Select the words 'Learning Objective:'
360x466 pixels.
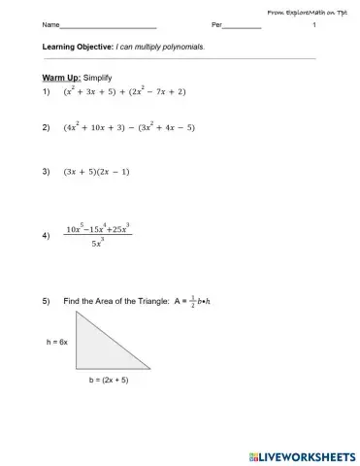point(78,47)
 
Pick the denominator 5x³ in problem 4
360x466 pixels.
point(97,244)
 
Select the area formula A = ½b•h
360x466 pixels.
point(193,302)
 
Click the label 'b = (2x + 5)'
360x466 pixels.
point(108,381)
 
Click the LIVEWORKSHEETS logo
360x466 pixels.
point(299,454)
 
